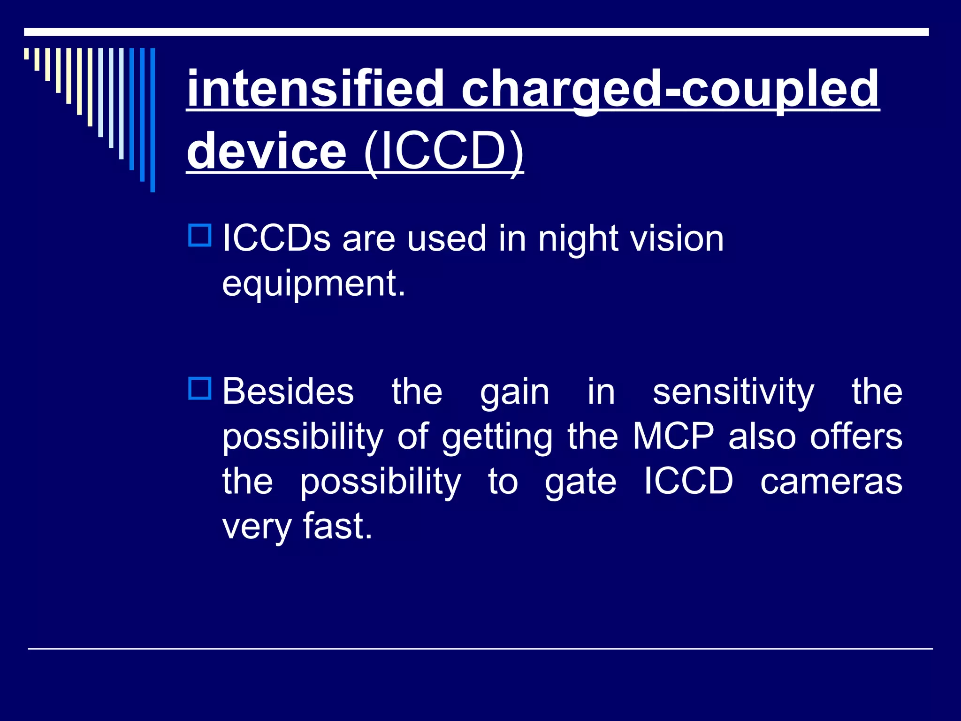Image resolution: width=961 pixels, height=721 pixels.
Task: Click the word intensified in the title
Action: [315, 88]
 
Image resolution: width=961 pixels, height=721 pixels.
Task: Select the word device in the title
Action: [267, 151]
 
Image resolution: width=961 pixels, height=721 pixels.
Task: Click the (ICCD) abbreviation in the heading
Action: [443, 151]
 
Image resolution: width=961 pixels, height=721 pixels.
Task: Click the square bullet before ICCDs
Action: [200, 236]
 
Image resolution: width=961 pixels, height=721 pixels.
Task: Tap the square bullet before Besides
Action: [200, 389]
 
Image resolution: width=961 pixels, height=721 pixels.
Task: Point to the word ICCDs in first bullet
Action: [276, 238]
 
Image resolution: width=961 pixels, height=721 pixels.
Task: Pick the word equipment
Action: [313, 284]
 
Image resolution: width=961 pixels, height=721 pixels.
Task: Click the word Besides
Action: [288, 391]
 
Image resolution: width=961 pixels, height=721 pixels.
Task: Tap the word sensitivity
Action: [733, 392]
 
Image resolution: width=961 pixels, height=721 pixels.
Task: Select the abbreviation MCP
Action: [673, 437]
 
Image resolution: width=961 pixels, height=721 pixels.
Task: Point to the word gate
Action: [580, 483]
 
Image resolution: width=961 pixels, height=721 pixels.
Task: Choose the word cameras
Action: [831, 482]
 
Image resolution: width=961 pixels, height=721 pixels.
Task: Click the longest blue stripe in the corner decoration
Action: [153, 120]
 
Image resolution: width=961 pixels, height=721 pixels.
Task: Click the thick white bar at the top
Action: [476, 32]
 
